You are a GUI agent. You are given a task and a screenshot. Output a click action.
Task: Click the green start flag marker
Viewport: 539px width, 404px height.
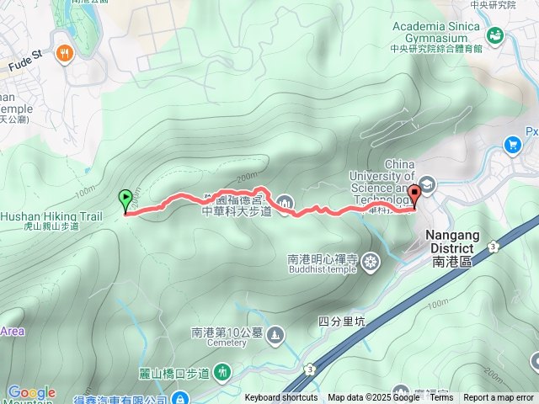tap(126, 200)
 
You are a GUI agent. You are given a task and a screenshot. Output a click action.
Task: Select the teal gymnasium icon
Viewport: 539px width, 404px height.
tap(494, 34)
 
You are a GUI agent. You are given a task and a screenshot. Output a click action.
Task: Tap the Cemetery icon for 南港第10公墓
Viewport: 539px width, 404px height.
tap(275, 336)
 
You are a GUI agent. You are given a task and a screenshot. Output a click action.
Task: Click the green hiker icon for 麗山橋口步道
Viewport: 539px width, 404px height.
tap(222, 371)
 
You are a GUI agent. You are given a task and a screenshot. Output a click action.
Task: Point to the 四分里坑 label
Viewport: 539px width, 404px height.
tap(342, 321)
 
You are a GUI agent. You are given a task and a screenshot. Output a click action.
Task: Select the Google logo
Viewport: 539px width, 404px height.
tap(31, 392)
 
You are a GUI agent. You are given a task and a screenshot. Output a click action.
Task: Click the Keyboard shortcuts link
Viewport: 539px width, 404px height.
tap(281, 398)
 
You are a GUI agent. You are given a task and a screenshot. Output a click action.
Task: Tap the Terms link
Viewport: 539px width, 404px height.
tap(441, 398)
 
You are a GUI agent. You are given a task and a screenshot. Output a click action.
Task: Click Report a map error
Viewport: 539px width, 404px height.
tap(499, 398)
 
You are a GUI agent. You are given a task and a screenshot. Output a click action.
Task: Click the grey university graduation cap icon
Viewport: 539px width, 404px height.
tap(428, 184)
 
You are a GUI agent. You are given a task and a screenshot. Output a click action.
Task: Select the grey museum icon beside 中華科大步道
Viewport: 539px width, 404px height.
tap(286, 202)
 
